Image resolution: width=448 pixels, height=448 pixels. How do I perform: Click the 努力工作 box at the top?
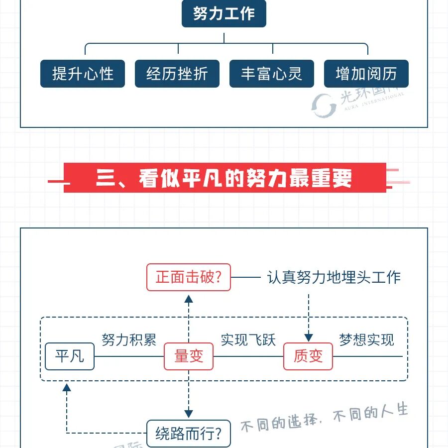coord(224,14)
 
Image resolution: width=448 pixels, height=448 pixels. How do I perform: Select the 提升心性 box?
coord(83,74)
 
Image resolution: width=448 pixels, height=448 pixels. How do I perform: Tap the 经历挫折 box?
coord(177,74)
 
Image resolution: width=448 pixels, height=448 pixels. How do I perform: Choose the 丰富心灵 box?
coord(272,74)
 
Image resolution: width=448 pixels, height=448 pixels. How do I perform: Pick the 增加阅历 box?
coord(366,74)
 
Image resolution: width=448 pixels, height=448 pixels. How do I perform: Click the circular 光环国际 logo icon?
coord(324,104)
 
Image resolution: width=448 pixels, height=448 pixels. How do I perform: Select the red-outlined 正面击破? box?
coord(189,277)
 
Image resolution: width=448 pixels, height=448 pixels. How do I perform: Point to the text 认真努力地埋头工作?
coord(334,277)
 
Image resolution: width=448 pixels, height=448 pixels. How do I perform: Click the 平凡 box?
coord(70,356)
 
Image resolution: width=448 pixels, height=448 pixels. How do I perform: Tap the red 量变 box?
coord(189,356)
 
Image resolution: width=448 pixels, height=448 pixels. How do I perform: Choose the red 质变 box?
coord(308,356)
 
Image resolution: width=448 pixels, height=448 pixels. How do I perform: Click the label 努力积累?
coord(129,340)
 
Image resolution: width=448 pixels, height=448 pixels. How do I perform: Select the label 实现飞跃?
coord(248,340)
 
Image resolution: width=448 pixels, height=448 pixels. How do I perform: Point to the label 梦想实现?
coord(367,340)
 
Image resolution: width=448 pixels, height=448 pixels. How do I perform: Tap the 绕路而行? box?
coord(189,434)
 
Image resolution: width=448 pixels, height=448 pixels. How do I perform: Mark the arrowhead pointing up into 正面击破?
coord(189,299)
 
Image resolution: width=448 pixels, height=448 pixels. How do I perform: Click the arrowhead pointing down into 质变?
coord(308,337)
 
